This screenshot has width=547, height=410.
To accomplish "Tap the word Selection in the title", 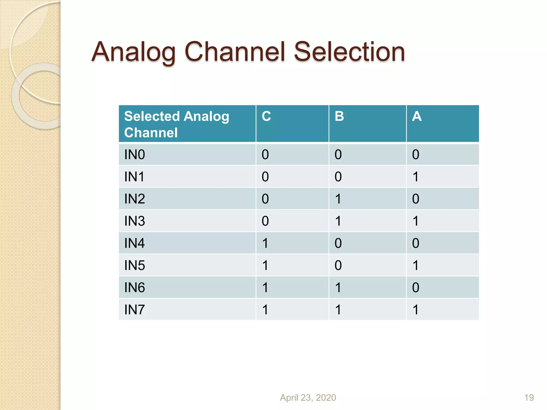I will click(349, 52).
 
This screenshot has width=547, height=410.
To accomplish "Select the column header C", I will click(266, 116).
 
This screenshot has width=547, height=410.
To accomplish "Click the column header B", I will click(339, 116).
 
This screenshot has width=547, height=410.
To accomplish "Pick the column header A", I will click(417, 116).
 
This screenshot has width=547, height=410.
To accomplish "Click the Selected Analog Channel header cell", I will click(177, 124).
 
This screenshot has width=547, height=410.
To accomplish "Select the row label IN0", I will click(135, 155).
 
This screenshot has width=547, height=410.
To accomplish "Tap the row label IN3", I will click(135, 221).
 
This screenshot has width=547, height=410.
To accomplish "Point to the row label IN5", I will click(135, 265).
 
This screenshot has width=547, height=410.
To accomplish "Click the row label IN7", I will click(135, 310).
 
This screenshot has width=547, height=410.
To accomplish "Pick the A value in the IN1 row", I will click(416, 177).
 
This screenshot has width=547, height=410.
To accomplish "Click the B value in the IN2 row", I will click(338, 199).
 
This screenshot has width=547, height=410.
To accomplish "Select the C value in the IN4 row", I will click(265, 243).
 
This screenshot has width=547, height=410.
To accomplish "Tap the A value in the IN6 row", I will click(416, 287).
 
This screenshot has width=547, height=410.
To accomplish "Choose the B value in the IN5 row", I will click(338, 265).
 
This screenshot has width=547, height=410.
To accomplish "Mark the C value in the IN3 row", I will click(265, 221).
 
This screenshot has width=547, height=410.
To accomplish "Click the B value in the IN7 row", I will click(338, 310).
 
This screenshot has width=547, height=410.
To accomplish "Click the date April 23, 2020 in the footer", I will click(308, 397).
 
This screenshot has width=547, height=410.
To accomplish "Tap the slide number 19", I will click(529, 397).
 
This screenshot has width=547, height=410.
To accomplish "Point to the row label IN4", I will click(135, 243).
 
